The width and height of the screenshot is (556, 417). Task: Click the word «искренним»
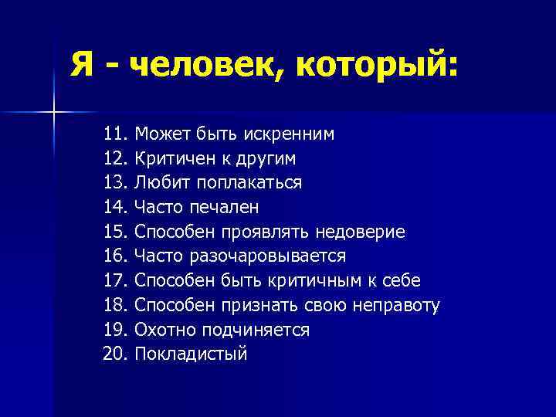click(290, 134)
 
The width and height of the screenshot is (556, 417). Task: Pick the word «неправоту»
click(396, 305)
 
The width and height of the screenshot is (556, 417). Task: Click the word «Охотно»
click(165, 330)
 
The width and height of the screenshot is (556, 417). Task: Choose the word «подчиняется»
click(256, 330)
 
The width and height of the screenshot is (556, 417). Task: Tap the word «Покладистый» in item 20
click(191, 354)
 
